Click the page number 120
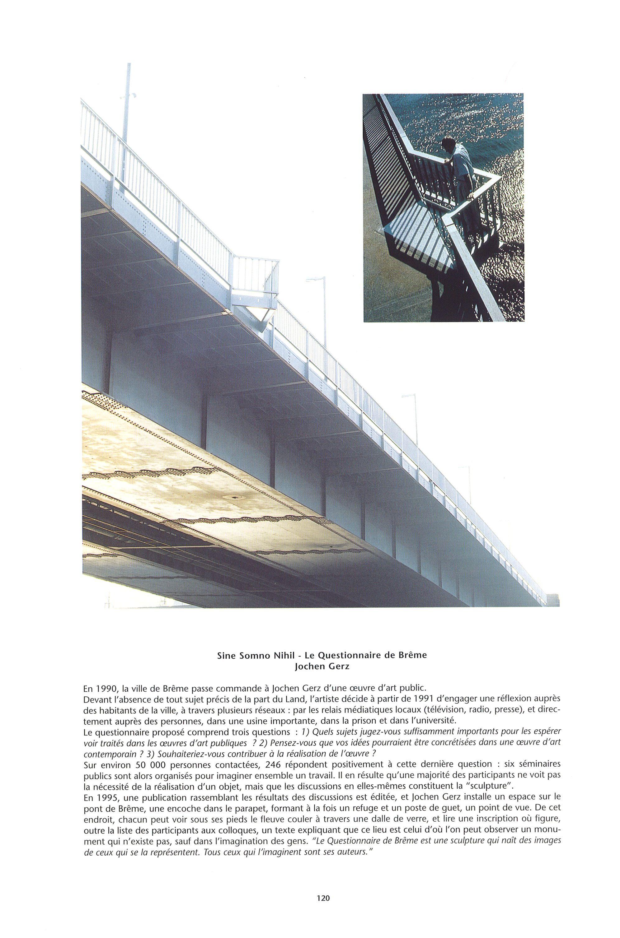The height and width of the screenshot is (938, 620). point(323,917)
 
